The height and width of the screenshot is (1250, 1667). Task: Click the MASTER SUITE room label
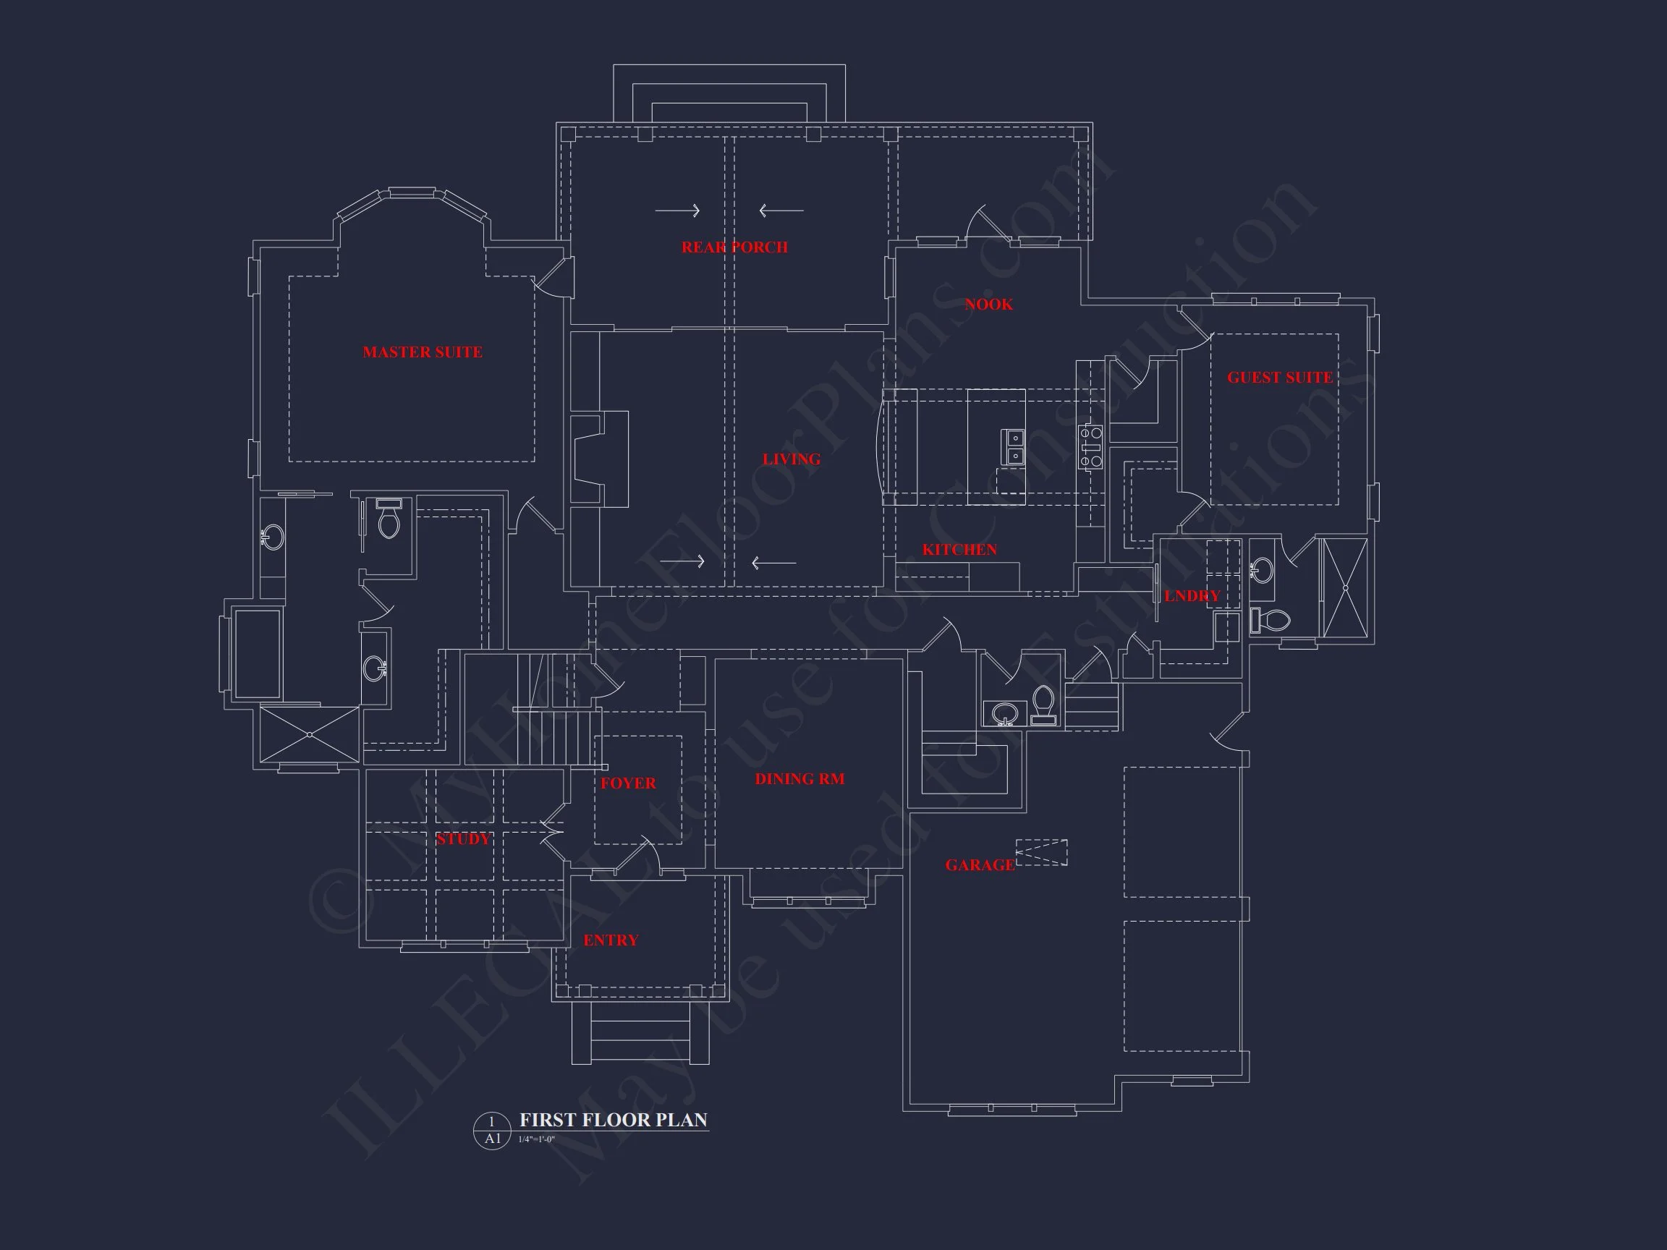422,352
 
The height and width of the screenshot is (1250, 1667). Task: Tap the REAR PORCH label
734,247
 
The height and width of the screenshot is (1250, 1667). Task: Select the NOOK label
989,305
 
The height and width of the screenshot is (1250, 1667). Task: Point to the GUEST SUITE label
1280,378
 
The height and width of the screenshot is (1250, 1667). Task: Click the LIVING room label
792,459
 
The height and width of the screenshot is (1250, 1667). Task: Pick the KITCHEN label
959,549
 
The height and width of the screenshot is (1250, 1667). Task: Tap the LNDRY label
1192,596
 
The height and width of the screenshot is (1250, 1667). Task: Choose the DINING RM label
799,779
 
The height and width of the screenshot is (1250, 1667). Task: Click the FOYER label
628,783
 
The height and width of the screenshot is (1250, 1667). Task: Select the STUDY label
463,838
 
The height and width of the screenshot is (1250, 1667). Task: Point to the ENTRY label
611,940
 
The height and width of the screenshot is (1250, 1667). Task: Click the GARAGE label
980,865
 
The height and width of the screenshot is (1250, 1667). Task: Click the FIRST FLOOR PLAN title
614,1120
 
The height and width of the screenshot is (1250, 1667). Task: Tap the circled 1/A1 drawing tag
492,1130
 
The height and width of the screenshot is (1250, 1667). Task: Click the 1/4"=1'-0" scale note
537,1139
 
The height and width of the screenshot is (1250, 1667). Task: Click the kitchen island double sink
1014,447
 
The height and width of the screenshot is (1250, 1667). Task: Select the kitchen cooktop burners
1090,447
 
